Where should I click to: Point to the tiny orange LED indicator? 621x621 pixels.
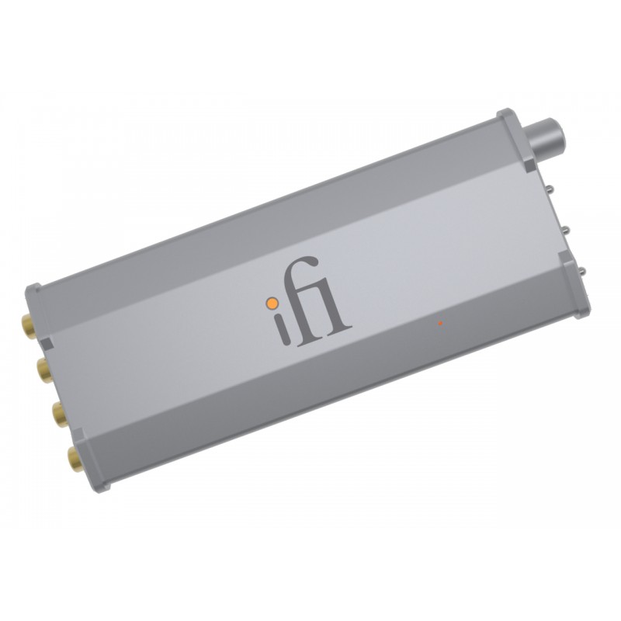coord(440,321)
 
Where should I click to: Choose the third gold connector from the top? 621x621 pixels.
coord(59,414)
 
